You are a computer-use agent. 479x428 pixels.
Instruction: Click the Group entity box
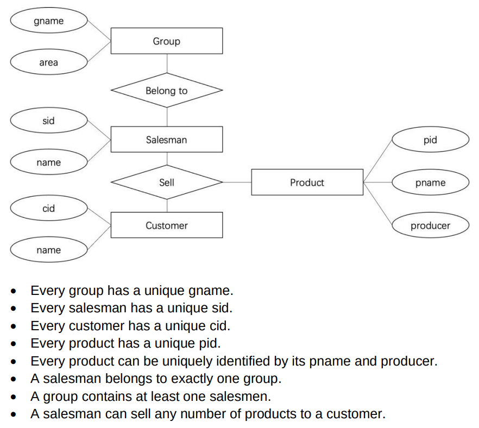pos(166,41)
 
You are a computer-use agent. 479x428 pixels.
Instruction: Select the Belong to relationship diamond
pos(166,91)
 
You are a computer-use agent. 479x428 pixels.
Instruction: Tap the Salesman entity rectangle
pos(166,140)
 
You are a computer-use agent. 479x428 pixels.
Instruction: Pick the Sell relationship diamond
pos(166,182)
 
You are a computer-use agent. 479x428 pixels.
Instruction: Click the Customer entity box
pos(166,225)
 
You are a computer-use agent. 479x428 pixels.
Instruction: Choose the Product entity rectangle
pos(307,182)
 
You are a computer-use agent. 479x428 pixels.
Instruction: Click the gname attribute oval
pos(48,21)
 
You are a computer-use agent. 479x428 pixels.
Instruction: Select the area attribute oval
pos(48,62)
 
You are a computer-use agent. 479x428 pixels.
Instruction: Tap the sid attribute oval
pos(48,121)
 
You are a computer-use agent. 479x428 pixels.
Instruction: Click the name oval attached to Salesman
pos(48,162)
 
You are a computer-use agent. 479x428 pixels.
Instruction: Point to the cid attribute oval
pos(48,209)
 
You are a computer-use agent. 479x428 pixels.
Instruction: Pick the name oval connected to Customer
pos(48,250)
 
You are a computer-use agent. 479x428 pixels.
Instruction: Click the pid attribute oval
pos(430,140)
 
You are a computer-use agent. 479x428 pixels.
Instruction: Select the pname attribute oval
pos(430,182)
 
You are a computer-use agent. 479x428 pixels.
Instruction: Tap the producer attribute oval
pos(430,225)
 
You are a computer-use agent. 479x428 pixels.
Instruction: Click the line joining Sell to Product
pos(237,182)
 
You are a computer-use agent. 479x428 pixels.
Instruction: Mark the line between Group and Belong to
pos(167,64)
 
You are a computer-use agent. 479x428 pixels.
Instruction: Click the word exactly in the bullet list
pos(191,379)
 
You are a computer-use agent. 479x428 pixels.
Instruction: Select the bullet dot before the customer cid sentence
pos(14,326)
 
